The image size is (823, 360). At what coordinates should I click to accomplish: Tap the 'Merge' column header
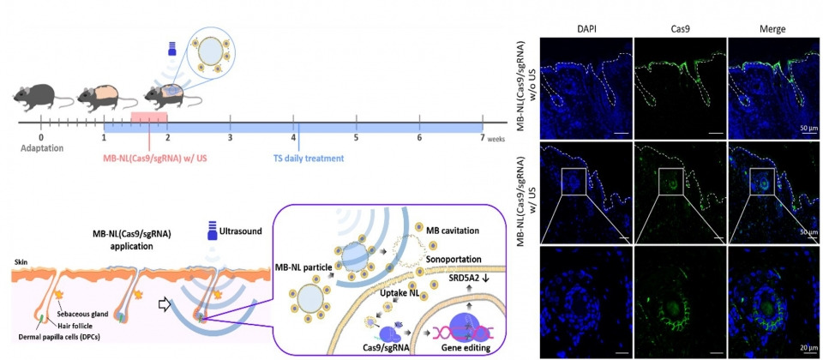click(x=772, y=30)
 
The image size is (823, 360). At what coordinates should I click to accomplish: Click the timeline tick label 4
click(x=293, y=137)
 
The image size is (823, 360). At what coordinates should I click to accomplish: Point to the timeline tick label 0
click(x=41, y=137)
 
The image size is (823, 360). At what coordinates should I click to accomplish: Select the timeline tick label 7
click(x=482, y=137)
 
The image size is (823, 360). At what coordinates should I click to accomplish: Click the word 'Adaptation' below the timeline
click(x=42, y=148)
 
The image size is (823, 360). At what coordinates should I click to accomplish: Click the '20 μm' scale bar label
click(x=808, y=347)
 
